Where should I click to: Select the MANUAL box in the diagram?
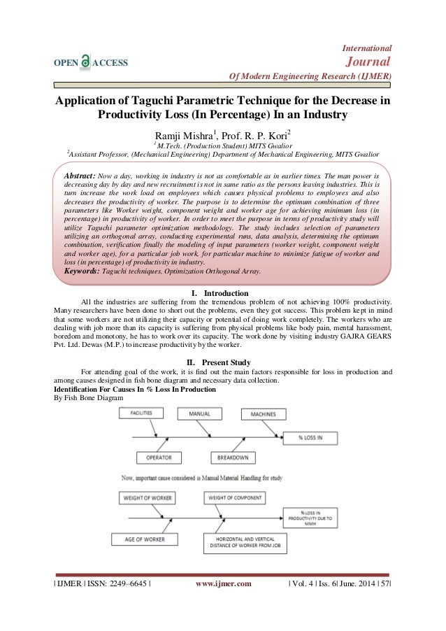coord(200,414)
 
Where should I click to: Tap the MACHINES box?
coord(258,414)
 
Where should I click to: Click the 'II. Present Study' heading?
coord(223,362)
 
